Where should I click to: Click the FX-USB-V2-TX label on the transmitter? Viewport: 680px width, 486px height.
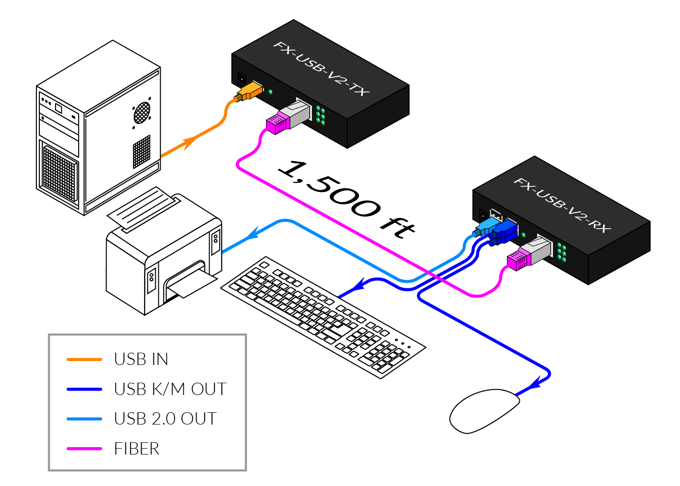321,69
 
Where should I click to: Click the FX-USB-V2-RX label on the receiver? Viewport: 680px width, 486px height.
562,205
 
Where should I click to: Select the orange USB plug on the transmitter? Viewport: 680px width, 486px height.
249,91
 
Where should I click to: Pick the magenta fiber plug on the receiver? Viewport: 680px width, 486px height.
519,259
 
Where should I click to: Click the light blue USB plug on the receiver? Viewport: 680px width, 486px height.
486,228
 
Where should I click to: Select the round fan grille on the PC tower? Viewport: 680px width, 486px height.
142,113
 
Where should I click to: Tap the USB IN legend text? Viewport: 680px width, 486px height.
141,359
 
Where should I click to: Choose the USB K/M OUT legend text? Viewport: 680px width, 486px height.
170,389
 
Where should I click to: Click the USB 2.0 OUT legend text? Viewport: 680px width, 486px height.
165,419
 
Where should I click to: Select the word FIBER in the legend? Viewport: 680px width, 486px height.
137,449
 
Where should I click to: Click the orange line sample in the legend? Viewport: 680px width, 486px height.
84,360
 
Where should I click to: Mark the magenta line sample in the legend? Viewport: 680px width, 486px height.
84,449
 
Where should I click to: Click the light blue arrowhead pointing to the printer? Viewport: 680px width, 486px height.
253,233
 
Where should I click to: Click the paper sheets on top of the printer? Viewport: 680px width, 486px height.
143,209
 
